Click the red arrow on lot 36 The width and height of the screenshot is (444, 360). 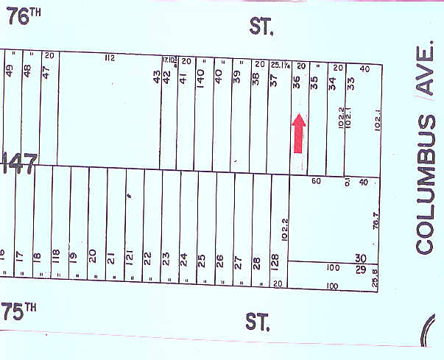tap(299, 133)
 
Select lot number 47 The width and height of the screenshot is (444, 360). tap(46, 74)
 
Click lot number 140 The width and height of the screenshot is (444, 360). tap(200, 79)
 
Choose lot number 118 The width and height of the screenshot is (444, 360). tap(56, 258)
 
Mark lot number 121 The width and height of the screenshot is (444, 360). tap(130, 258)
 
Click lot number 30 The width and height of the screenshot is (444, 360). tap(361, 258)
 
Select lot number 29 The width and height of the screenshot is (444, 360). tap(361, 270)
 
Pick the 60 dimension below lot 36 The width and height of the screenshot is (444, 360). tap(317, 181)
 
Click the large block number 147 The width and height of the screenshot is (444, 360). tap(18, 163)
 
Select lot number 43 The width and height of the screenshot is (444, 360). tap(157, 77)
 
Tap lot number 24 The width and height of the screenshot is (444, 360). tap(183, 260)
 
